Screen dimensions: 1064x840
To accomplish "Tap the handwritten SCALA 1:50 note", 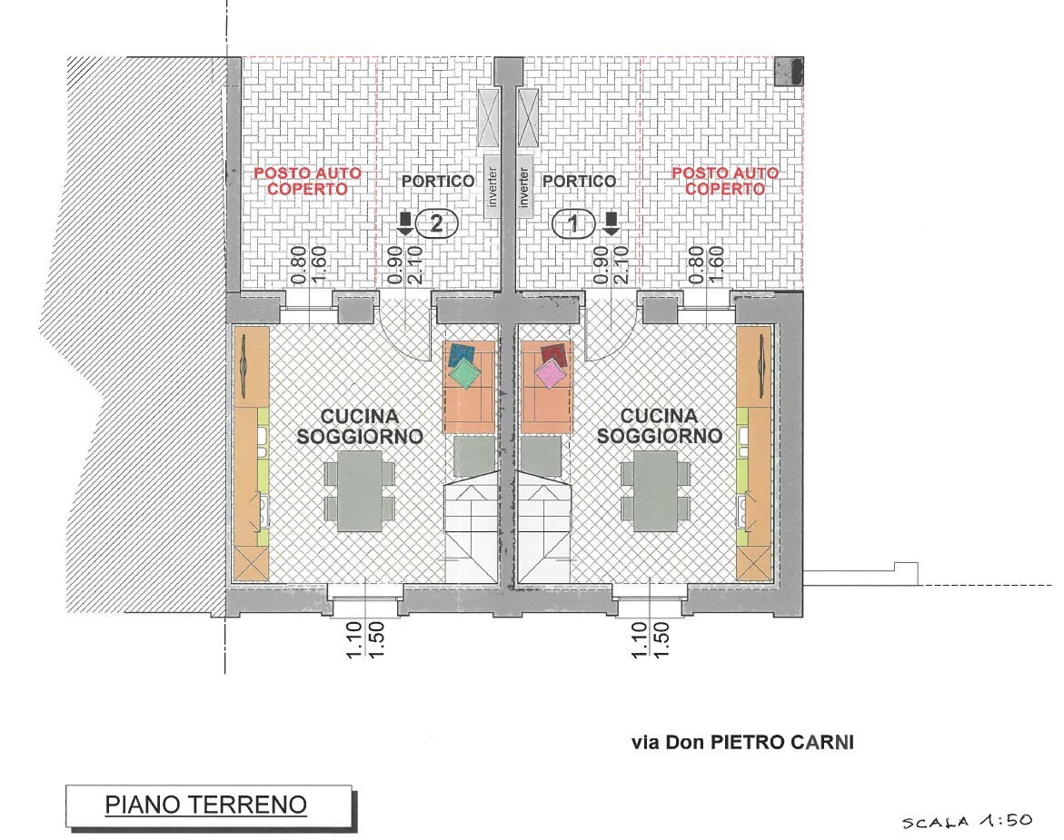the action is tap(967, 821).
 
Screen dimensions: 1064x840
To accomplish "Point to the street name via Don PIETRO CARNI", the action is tap(742, 742).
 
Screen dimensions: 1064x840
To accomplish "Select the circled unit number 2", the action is tap(436, 223).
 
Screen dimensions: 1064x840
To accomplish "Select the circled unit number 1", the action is tap(574, 223).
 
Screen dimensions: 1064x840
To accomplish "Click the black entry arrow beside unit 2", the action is tap(405, 223).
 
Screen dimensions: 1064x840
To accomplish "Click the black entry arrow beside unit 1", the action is tap(611, 223).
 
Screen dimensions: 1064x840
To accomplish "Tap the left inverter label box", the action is tap(492, 186).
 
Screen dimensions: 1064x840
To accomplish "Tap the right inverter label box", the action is tap(524, 186).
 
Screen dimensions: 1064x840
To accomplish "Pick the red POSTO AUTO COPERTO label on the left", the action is tap(307, 181).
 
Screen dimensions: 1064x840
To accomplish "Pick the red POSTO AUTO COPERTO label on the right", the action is tap(725, 181).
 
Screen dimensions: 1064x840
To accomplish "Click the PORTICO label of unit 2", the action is tap(438, 181).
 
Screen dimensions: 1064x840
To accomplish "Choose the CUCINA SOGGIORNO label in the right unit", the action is tap(660, 426).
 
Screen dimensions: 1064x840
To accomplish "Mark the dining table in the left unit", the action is tap(360, 491).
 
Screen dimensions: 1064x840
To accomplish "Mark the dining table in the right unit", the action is tap(656, 491).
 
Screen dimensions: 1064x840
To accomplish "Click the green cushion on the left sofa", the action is tap(465, 373).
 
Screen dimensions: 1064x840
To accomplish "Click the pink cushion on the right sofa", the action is tap(551, 373).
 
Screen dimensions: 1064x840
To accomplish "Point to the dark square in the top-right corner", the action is tap(789, 71).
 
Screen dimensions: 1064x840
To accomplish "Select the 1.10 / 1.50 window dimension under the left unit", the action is tap(364, 640).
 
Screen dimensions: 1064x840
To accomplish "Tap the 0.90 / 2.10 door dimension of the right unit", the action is tap(611, 264).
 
